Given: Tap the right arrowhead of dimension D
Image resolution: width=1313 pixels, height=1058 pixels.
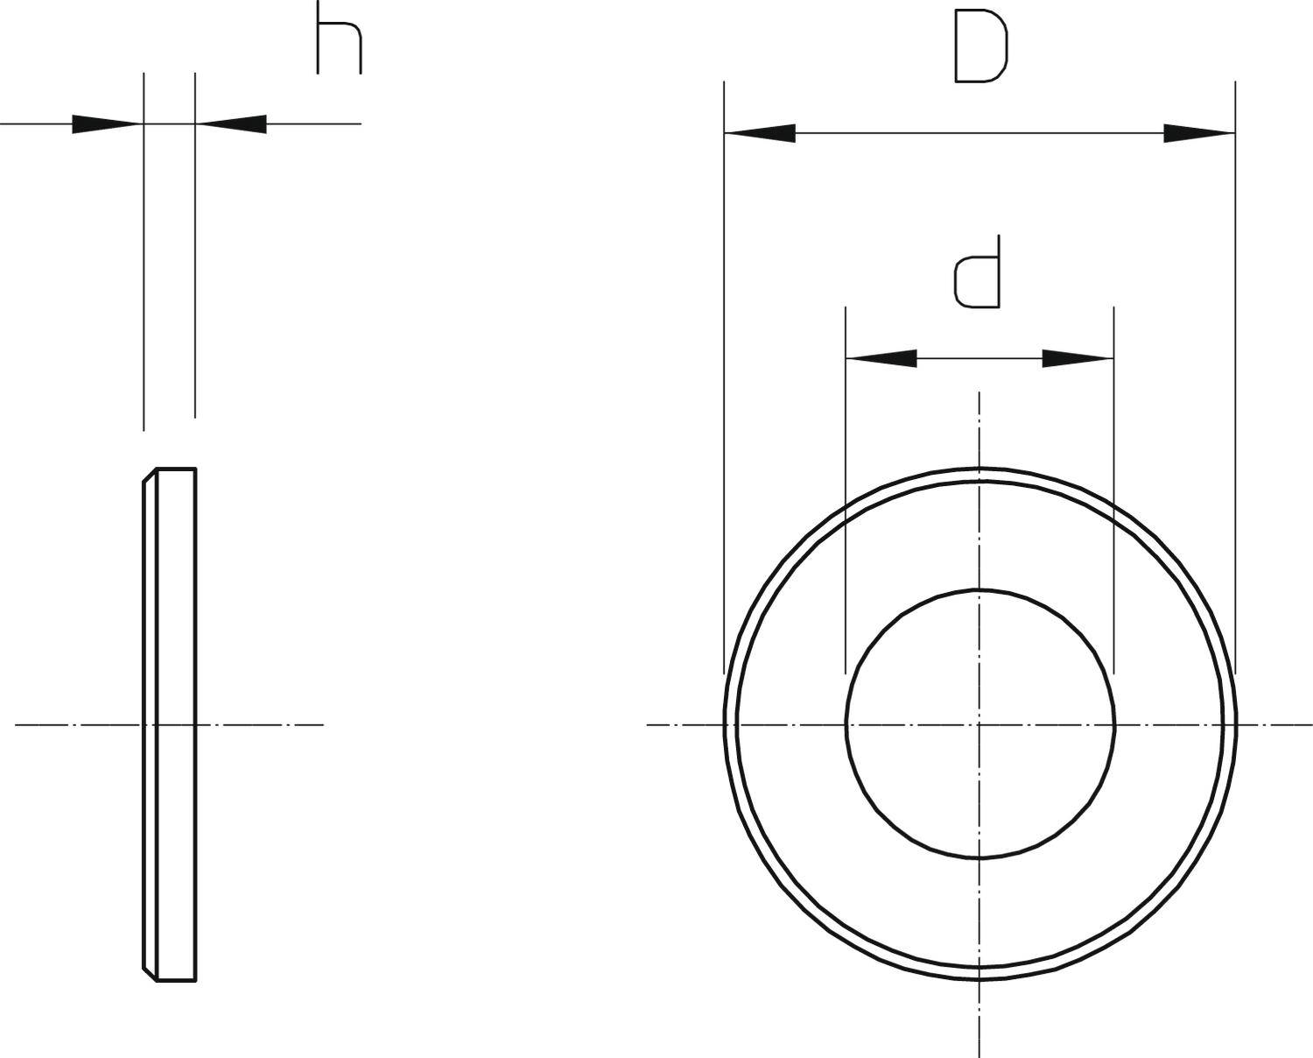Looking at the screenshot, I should (x=1199, y=134).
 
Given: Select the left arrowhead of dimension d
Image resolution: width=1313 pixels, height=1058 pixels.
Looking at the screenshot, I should (x=881, y=358).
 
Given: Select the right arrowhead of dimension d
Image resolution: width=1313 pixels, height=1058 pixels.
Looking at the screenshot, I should (x=1078, y=358).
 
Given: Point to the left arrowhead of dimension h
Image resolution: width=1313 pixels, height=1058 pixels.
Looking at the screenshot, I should (x=107, y=124).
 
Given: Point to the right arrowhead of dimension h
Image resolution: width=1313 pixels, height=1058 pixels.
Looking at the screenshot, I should (x=231, y=124).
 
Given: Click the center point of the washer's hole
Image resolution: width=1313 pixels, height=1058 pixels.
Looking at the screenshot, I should (x=979, y=724).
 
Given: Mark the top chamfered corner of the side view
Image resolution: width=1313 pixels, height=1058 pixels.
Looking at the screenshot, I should (x=150, y=474).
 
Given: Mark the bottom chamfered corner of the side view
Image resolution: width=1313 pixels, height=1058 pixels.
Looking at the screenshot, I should (x=150, y=975).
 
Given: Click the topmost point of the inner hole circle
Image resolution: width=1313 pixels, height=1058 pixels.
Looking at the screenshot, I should (x=979, y=590).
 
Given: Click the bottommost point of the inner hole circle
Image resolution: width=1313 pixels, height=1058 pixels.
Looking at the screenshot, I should (x=979, y=858).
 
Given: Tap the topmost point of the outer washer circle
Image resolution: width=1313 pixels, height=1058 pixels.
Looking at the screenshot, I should (x=979, y=469).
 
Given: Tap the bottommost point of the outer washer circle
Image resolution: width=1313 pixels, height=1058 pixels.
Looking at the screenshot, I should (x=979, y=980).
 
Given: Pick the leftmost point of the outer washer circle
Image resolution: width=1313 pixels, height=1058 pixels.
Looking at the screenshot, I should (x=724, y=724).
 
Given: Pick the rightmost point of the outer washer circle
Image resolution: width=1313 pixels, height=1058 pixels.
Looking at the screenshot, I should (x=1235, y=724).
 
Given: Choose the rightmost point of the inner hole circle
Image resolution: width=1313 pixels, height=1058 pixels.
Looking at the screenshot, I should (x=1113, y=724).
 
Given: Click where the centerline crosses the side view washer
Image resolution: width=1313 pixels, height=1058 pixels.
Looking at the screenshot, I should (x=170, y=724).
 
